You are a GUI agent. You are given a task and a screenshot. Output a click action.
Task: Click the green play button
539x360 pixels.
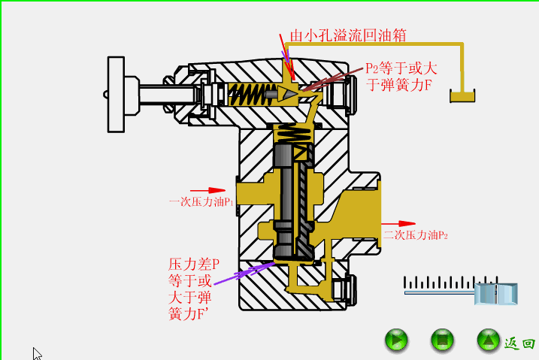396,340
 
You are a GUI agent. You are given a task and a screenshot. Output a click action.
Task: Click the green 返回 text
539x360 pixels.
519,343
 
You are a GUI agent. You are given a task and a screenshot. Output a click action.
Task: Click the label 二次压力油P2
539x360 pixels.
416,235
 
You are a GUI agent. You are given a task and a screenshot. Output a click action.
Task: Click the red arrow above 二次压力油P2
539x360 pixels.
398,223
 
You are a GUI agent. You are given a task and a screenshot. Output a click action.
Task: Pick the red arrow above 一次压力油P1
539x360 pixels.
207,190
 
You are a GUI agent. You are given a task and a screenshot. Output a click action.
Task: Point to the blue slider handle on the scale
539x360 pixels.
496,293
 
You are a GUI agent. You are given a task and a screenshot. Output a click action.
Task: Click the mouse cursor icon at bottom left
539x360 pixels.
37,353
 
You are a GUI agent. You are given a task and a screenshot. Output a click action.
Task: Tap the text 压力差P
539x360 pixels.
193,265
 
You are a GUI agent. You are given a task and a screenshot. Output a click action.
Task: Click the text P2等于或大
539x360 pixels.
401,68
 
